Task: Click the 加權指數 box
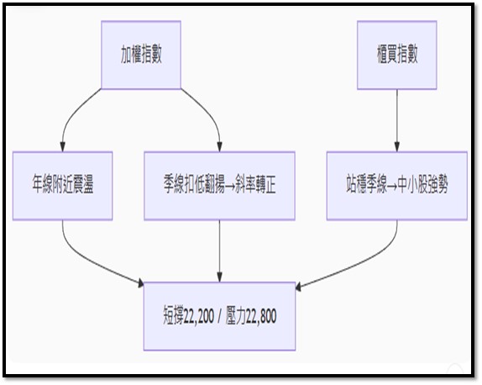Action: click(141, 55)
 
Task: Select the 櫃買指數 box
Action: click(397, 55)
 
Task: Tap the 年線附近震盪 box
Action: click(63, 186)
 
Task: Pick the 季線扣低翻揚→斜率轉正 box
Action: click(219, 186)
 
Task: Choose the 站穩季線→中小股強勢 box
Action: click(397, 186)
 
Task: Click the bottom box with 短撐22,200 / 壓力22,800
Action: click(219, 316)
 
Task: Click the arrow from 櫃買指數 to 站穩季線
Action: click(397, 120)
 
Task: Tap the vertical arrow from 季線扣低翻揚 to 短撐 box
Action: click(219, 251)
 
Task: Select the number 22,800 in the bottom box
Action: click(261, 316)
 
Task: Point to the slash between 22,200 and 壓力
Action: click(219, 317)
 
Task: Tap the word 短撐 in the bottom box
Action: click(173, 316)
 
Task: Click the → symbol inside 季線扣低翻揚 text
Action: click(229, 186)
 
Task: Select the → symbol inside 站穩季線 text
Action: click(392, 186)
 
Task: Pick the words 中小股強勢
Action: click(422, 185)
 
